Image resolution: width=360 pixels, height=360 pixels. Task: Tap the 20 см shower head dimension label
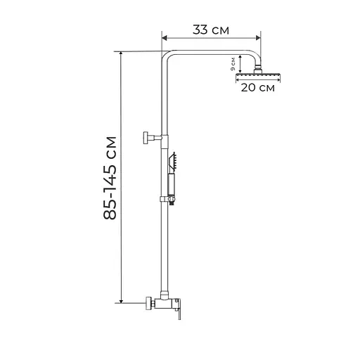point(258,88)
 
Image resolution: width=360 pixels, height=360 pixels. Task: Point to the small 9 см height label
point(233,65)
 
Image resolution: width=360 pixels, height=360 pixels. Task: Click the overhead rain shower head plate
point(259,74)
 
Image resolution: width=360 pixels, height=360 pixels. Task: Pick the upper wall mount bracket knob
point(148,136)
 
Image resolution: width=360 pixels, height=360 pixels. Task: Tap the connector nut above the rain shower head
point(259,68)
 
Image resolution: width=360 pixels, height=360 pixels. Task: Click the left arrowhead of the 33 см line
point(165,39)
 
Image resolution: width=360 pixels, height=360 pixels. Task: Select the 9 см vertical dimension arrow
point(240,64)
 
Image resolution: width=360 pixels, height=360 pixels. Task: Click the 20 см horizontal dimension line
point(259,81)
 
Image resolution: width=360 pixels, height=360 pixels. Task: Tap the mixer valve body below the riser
point(165,303)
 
